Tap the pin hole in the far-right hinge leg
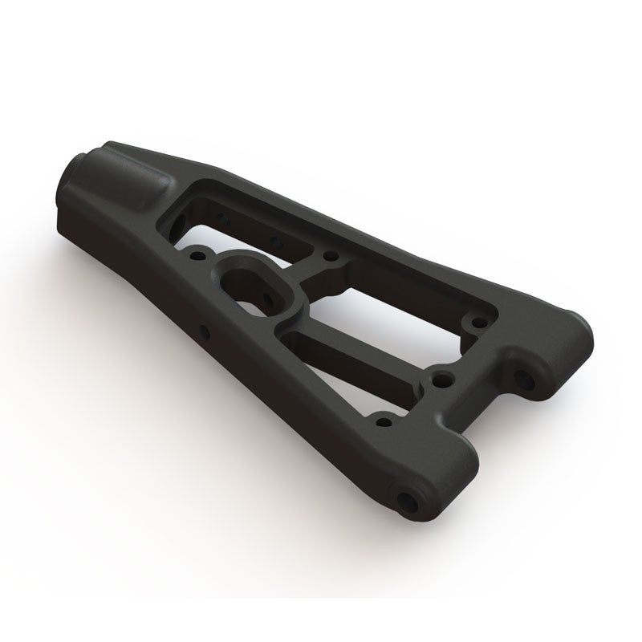[x=530, y=376]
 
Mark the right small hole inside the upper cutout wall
[x=276, y=241]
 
